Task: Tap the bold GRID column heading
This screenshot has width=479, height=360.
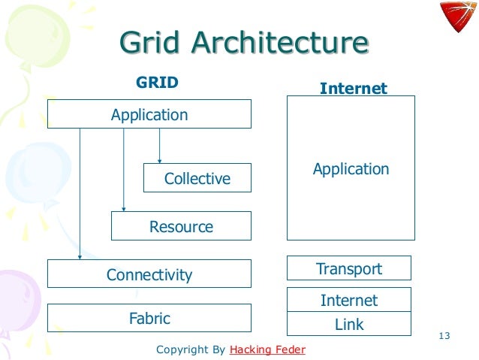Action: click(x=156, y=82)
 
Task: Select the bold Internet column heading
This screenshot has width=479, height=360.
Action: click(x=353, y=89)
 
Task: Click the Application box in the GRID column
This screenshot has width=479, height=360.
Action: click(x=149, y=115)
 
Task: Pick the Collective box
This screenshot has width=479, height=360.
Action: click(x=197, y=178)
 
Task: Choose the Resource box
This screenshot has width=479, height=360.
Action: click(x=181, y=226)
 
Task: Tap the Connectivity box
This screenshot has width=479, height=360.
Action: click(x=149, y=274)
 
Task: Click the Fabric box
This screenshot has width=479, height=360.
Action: click(x=149, y=318)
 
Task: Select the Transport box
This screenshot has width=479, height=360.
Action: click(x=349, y=268)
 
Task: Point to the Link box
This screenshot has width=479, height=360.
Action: click(x=349, y=325)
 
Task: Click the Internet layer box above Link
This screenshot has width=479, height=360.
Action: click(x=349, y=300)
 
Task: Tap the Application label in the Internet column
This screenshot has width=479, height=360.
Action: click(x=351, y=168)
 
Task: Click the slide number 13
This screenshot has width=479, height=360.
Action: click(x=443, y=335)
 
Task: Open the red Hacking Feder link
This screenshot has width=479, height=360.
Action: click(x=267, y=350)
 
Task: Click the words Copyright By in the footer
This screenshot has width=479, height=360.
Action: click(x=190, y=350)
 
